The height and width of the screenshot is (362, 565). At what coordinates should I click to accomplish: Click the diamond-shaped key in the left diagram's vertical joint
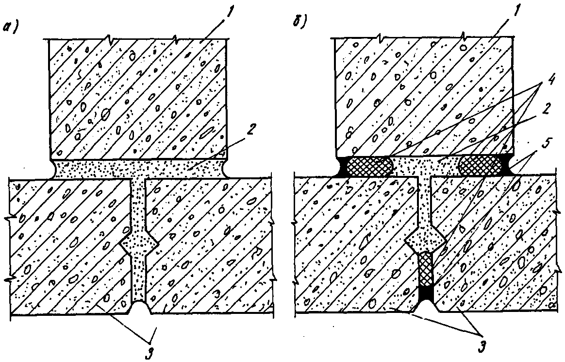(139, 241)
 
